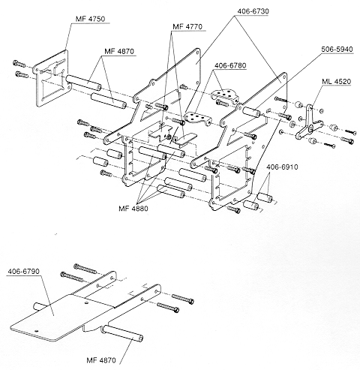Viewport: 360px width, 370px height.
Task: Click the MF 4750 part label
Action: (x=90, y=19)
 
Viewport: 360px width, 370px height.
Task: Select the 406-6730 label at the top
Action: (x=253, y=11)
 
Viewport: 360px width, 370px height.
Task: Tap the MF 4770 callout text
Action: (x=187, y=27)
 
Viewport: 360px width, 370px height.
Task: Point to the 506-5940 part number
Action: (x=337, y=49)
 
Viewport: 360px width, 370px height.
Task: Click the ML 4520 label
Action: (x=336, y=82)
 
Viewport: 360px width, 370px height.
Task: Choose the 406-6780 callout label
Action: (x=230, y=65)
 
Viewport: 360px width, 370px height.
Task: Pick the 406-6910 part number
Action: (x=282, y=167)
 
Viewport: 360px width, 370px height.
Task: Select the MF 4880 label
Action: (x=133, y=209)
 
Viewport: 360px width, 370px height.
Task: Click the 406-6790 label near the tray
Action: (x=23, y=272)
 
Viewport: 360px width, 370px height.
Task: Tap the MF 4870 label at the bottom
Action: (x=101, y=360)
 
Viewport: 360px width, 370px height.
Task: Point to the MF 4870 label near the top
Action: (x=119, y=52)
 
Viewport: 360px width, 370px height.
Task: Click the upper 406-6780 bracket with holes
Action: (x=224, y=95)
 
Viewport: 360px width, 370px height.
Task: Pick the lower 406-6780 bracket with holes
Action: (x=197, y=118)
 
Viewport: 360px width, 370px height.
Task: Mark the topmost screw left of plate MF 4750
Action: (x=19, y=64)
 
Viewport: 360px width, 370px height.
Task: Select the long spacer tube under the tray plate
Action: (x=122, y=332)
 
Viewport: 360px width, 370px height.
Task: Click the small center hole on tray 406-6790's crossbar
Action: (x=86, y=303)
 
